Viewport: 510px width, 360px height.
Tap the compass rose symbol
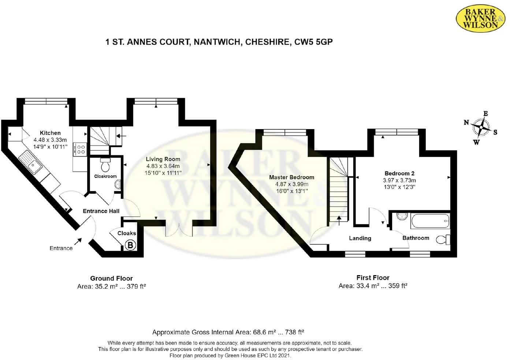tap(481, 128)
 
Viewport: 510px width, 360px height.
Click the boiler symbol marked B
tap(130, 245)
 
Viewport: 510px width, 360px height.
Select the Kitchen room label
tap(50, 133)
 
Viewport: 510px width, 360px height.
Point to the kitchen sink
tap(31, 163)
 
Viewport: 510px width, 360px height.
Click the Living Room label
tap(163, 159)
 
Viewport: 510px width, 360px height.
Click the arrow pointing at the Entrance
tap(78, 241)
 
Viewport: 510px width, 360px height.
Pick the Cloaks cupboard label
tap(127, 233)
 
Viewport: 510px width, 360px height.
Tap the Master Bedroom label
tap(291, 177)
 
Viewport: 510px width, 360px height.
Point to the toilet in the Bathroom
tap(443, 240)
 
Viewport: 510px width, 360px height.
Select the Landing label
tap(360, 238)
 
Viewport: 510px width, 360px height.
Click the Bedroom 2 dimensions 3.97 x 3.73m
tap(399, 180)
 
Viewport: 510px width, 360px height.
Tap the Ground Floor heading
tap(111, 278)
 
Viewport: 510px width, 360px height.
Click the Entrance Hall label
tap(101, 211)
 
